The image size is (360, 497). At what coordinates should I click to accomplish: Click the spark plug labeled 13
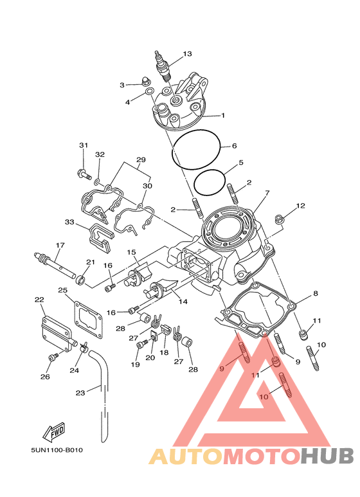click(x=164, y=66)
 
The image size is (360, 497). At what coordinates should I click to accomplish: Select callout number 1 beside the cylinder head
click(x=223, y=115)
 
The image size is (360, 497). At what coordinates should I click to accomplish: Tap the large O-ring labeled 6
click(x=196, y=149)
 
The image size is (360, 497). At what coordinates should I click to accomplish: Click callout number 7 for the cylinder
click(x=267, y=193)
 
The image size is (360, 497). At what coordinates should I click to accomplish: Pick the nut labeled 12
click(x=279, y=219)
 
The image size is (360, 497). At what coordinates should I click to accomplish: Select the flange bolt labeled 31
click(x=84, y=174)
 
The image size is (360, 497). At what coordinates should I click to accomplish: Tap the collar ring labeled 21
click(x=80, y=280)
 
